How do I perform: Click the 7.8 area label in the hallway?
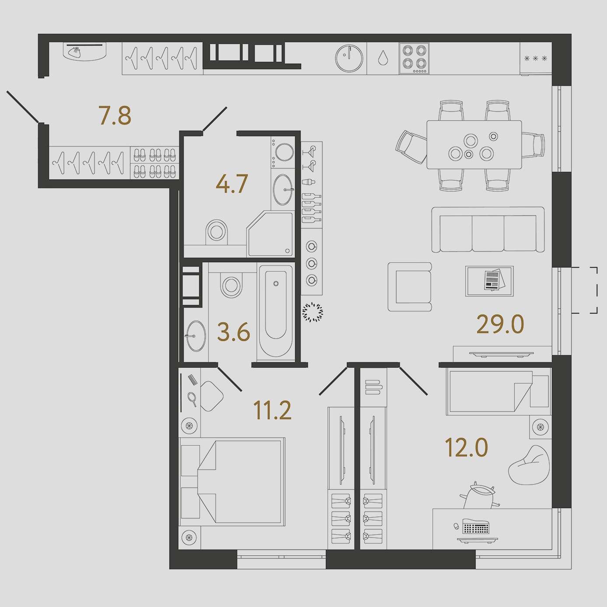coord(115,116)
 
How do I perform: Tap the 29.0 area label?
coord(500,324)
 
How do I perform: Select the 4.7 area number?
coord(233,184)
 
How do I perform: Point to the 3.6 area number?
coord(234,332)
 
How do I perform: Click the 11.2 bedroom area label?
coord(272,411)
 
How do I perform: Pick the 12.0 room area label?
coord(467,448)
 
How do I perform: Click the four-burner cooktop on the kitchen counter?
coord(414,59)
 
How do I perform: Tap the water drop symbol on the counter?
coord(383,58)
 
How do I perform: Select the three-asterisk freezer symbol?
coord(535,58)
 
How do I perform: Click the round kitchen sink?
coord(349,58)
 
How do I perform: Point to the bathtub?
coord(276,312)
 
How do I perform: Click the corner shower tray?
coord(270,234)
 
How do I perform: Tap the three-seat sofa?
coord(488,230)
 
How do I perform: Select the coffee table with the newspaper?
coord(489,281)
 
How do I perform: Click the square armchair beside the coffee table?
coord(409,286)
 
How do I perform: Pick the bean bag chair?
coord(529,465)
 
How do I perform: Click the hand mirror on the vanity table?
coord(192,399)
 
